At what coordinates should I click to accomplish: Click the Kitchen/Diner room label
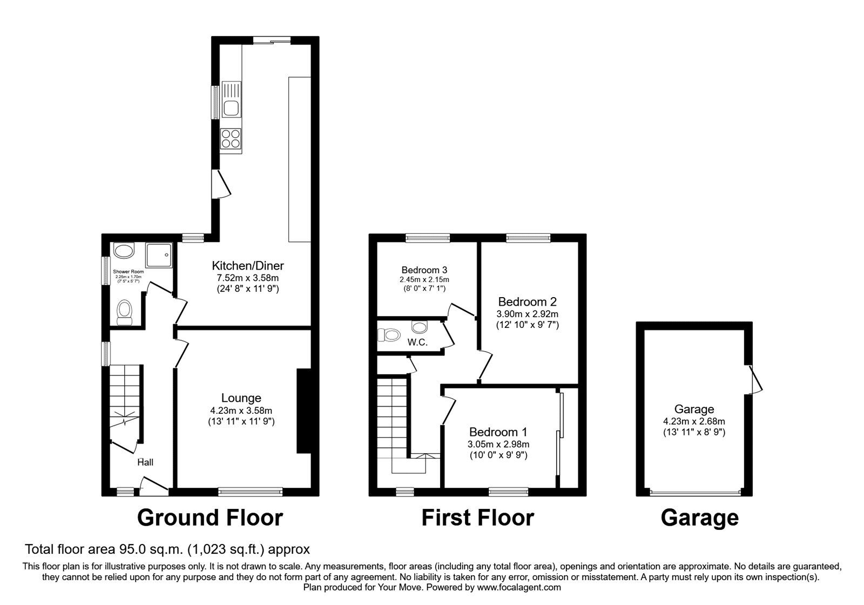pyautogui.click(x=248, y=265)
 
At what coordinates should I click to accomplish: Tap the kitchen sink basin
pyautogui.click(x=231, y=107)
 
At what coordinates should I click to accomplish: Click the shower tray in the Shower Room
pyautogui.click(x=159, y=255)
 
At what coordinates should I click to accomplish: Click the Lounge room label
pyautogui.click(x=241, y=398)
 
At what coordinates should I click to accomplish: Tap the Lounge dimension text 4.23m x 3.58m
pyautogui.click(x=241, y=411)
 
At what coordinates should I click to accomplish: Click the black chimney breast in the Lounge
pyautogui.click(x=303, y=411)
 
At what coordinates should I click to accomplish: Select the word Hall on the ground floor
pyautogui.click(x=145, y=462)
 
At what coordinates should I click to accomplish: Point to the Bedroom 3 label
pyautogui.click(x=424, y=270)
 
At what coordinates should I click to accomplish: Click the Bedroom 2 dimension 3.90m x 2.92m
pyautogui.click(x=527, y=314)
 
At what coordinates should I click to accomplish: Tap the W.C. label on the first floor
pyautogui.click(x=417, y=342)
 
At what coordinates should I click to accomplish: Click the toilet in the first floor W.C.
pyautogui.click(x=388, y=334)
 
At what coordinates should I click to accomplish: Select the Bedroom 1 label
pyautogui.click(x=498, y=432)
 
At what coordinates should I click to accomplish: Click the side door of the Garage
pyautogui.click(x=754, y=379)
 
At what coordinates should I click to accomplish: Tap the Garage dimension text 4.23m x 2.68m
pyautogui.click(x=694, y=421)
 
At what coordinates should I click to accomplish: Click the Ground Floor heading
pyautogui.click(x=210, y=518)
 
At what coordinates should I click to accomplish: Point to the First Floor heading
pyautogui.click(x=477, y=518)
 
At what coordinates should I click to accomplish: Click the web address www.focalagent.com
pyautogui.click(x=519, y=587)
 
